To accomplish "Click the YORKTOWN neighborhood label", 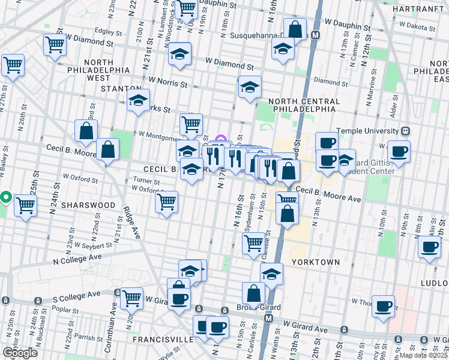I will coord(316,262).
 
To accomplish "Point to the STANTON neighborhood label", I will coord(121,88).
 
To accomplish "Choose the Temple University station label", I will coord(368,131).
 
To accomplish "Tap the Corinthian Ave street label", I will coord(113,324).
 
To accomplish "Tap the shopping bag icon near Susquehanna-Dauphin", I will coord(295,29).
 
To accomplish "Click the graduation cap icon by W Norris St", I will coord(250,88).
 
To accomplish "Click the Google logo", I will coord(20,352).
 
